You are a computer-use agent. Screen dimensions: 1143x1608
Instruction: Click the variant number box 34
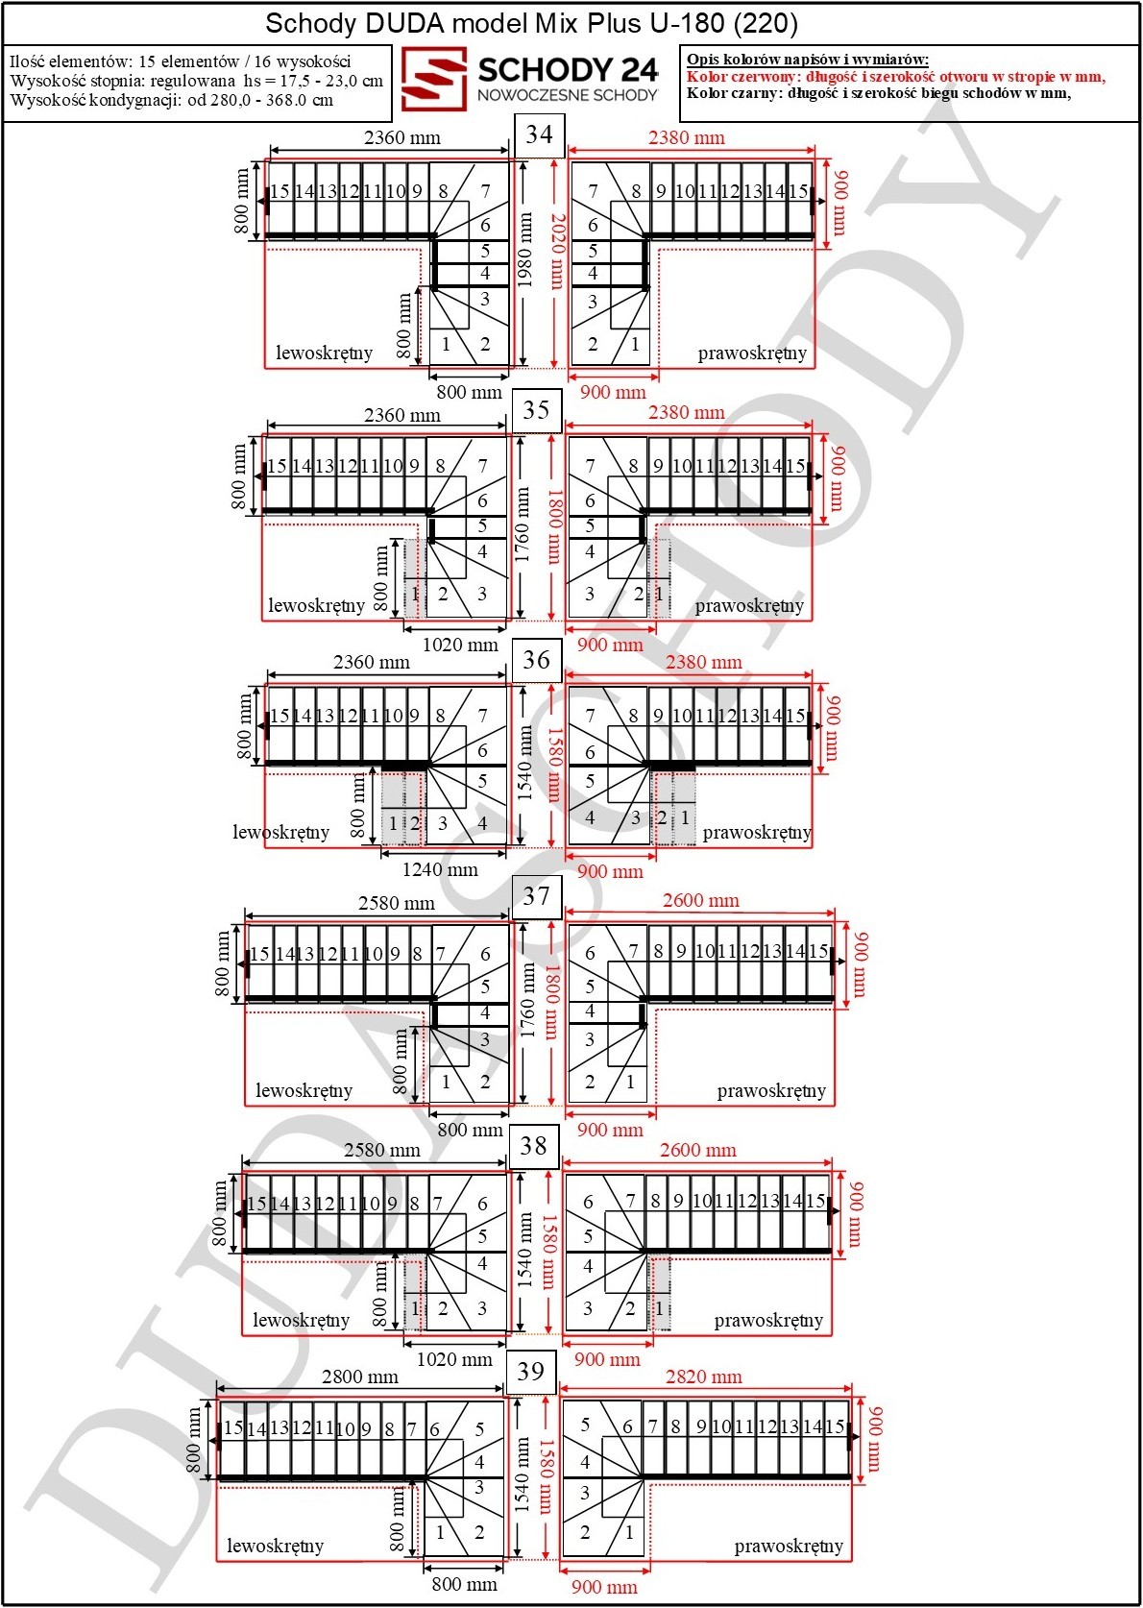coord(539,134)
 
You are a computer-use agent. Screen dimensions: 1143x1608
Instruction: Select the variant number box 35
coord(536,410)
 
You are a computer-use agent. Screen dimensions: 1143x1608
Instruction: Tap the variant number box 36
coord(536,661)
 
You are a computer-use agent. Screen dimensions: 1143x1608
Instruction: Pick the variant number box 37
coord(536,896)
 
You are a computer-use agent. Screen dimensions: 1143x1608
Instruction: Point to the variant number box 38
coord(533,1146)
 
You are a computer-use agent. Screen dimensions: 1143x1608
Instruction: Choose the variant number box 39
coord(530,1372)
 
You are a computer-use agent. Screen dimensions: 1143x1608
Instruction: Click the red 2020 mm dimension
coord(556,252)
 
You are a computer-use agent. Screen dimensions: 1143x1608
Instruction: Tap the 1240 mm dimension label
coord(439,870)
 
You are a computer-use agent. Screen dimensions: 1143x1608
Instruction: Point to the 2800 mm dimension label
coord(359,1377)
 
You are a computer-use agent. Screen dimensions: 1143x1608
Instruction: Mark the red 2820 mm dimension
coord(704,1377)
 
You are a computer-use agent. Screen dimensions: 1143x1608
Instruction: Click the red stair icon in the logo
coord(433,79)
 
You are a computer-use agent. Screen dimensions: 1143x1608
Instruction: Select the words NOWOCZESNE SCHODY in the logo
coord(568,95)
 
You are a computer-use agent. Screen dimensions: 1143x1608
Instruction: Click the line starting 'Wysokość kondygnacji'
coord(172,100)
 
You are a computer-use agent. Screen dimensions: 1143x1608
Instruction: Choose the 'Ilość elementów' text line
coord(181,61)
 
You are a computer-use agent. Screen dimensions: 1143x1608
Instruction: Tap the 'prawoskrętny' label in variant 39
coord(789,1546)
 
